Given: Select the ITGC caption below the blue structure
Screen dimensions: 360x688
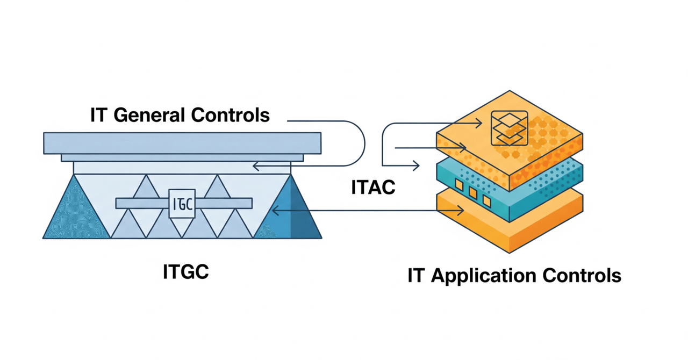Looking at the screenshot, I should (x=185, y=271).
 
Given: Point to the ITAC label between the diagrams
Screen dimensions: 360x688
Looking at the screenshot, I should (x=373, y=188).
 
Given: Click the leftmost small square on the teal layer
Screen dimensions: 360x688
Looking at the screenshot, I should (x=459, y=185).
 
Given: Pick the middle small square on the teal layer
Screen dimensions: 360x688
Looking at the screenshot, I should (x=473, y=192).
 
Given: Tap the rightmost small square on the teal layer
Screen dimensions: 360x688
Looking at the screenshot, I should (x=486, y=200).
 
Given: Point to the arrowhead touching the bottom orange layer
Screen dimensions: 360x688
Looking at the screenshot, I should (x=460, y=211).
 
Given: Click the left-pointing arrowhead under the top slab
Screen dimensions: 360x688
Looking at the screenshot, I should (x=257, y=167).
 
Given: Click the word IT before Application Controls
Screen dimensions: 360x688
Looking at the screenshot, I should (x=415, y=276).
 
